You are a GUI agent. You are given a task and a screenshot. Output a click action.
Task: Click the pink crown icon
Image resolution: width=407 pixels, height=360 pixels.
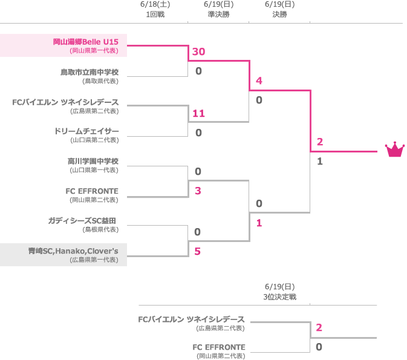[394, 149]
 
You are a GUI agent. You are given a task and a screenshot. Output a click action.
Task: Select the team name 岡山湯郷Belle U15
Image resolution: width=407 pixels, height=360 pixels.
[85, 42]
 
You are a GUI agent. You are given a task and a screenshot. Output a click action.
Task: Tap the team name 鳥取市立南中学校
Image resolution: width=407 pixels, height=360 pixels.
[89, 72]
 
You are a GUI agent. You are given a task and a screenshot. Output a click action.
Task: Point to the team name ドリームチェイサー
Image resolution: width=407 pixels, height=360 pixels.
[86, 131]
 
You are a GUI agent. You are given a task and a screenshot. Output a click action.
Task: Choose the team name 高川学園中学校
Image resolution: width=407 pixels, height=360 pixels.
[93, 161]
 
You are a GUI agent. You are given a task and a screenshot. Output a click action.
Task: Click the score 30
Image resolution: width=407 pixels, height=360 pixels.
[198, 52]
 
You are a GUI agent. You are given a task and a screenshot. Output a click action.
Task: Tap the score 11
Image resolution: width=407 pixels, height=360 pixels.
[198, 113]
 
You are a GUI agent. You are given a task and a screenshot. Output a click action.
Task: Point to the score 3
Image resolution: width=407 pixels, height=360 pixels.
[198, 191]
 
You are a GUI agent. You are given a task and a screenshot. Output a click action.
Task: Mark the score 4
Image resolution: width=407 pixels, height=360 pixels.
[259, 81]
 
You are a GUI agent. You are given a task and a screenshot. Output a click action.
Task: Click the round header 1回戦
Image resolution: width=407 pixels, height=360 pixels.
[155, 15]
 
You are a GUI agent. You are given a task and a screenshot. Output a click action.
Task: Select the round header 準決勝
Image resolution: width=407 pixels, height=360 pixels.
[218, 15]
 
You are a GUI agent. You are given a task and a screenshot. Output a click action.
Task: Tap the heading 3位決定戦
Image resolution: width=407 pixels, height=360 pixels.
[279, 297]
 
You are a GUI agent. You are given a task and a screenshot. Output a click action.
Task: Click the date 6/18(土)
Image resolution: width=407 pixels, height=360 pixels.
[155, 4]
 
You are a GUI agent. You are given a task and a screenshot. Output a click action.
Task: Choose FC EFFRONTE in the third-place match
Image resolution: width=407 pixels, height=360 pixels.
[218, 347]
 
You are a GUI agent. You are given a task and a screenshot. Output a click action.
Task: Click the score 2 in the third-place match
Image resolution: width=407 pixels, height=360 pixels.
[319, 327]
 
